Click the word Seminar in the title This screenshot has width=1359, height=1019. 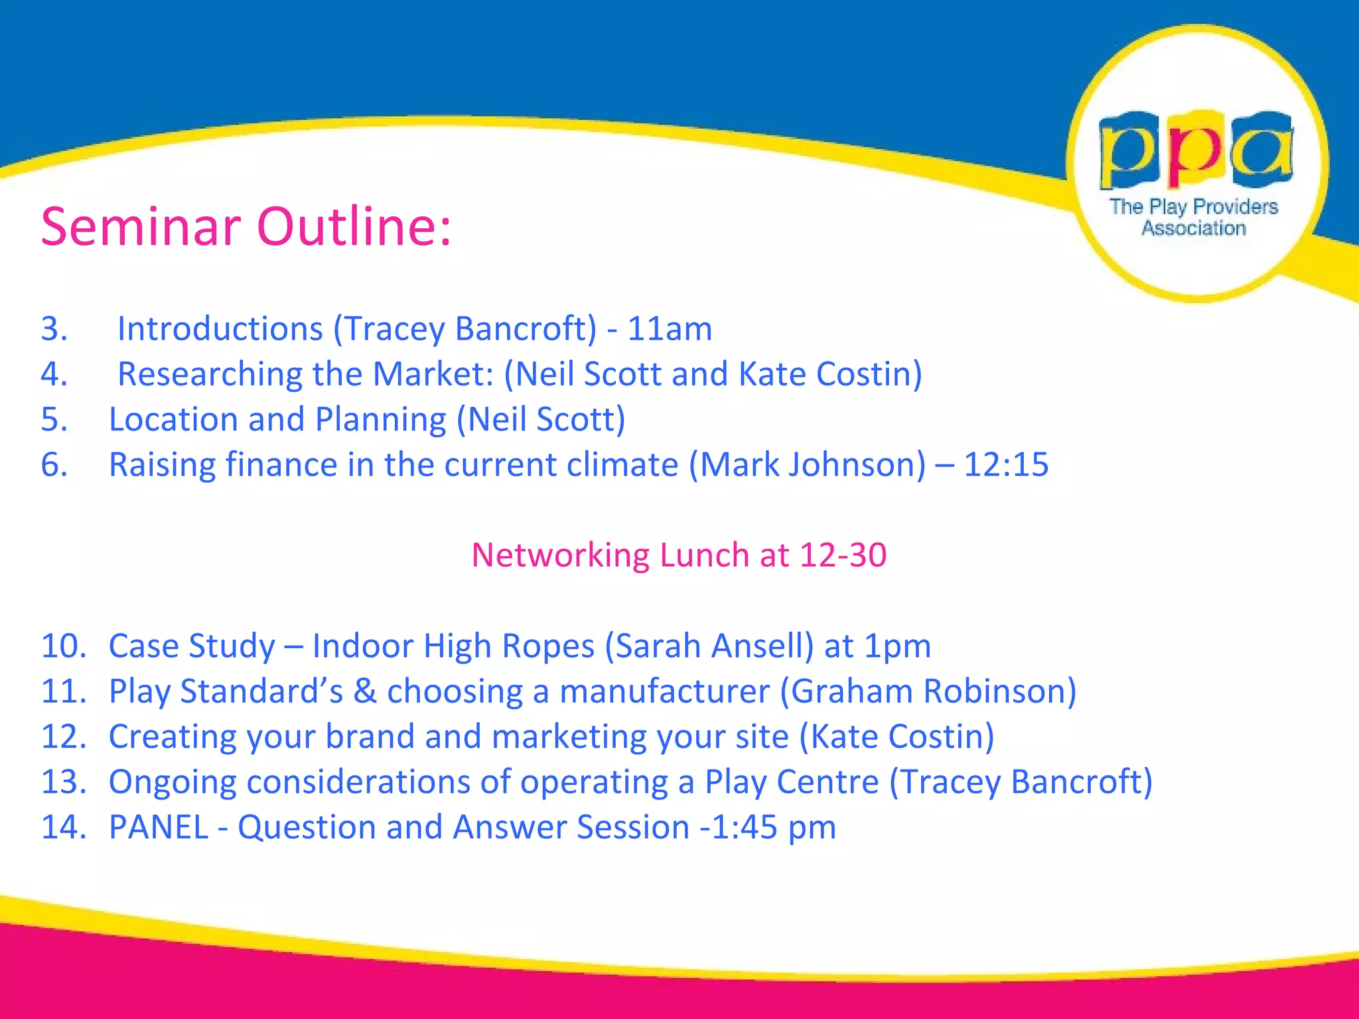click(140, 227)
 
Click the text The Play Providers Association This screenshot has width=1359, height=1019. click(1194, 217)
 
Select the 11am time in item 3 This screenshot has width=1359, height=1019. click(670, 329)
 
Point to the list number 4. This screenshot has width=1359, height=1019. click(54, 374)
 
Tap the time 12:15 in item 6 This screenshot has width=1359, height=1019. click(1005, 464)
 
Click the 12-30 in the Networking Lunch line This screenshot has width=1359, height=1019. click(843, 555)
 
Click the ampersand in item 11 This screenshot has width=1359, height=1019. click(364, 691)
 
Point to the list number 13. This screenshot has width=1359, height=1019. click(64, 782)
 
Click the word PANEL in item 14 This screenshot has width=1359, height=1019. click(159, 827)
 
